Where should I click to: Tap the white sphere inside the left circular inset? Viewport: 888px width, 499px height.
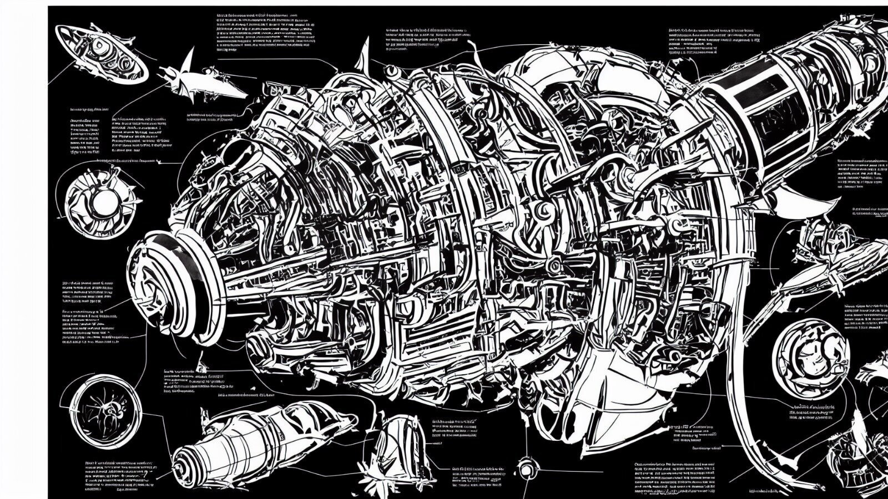point(102,203)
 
